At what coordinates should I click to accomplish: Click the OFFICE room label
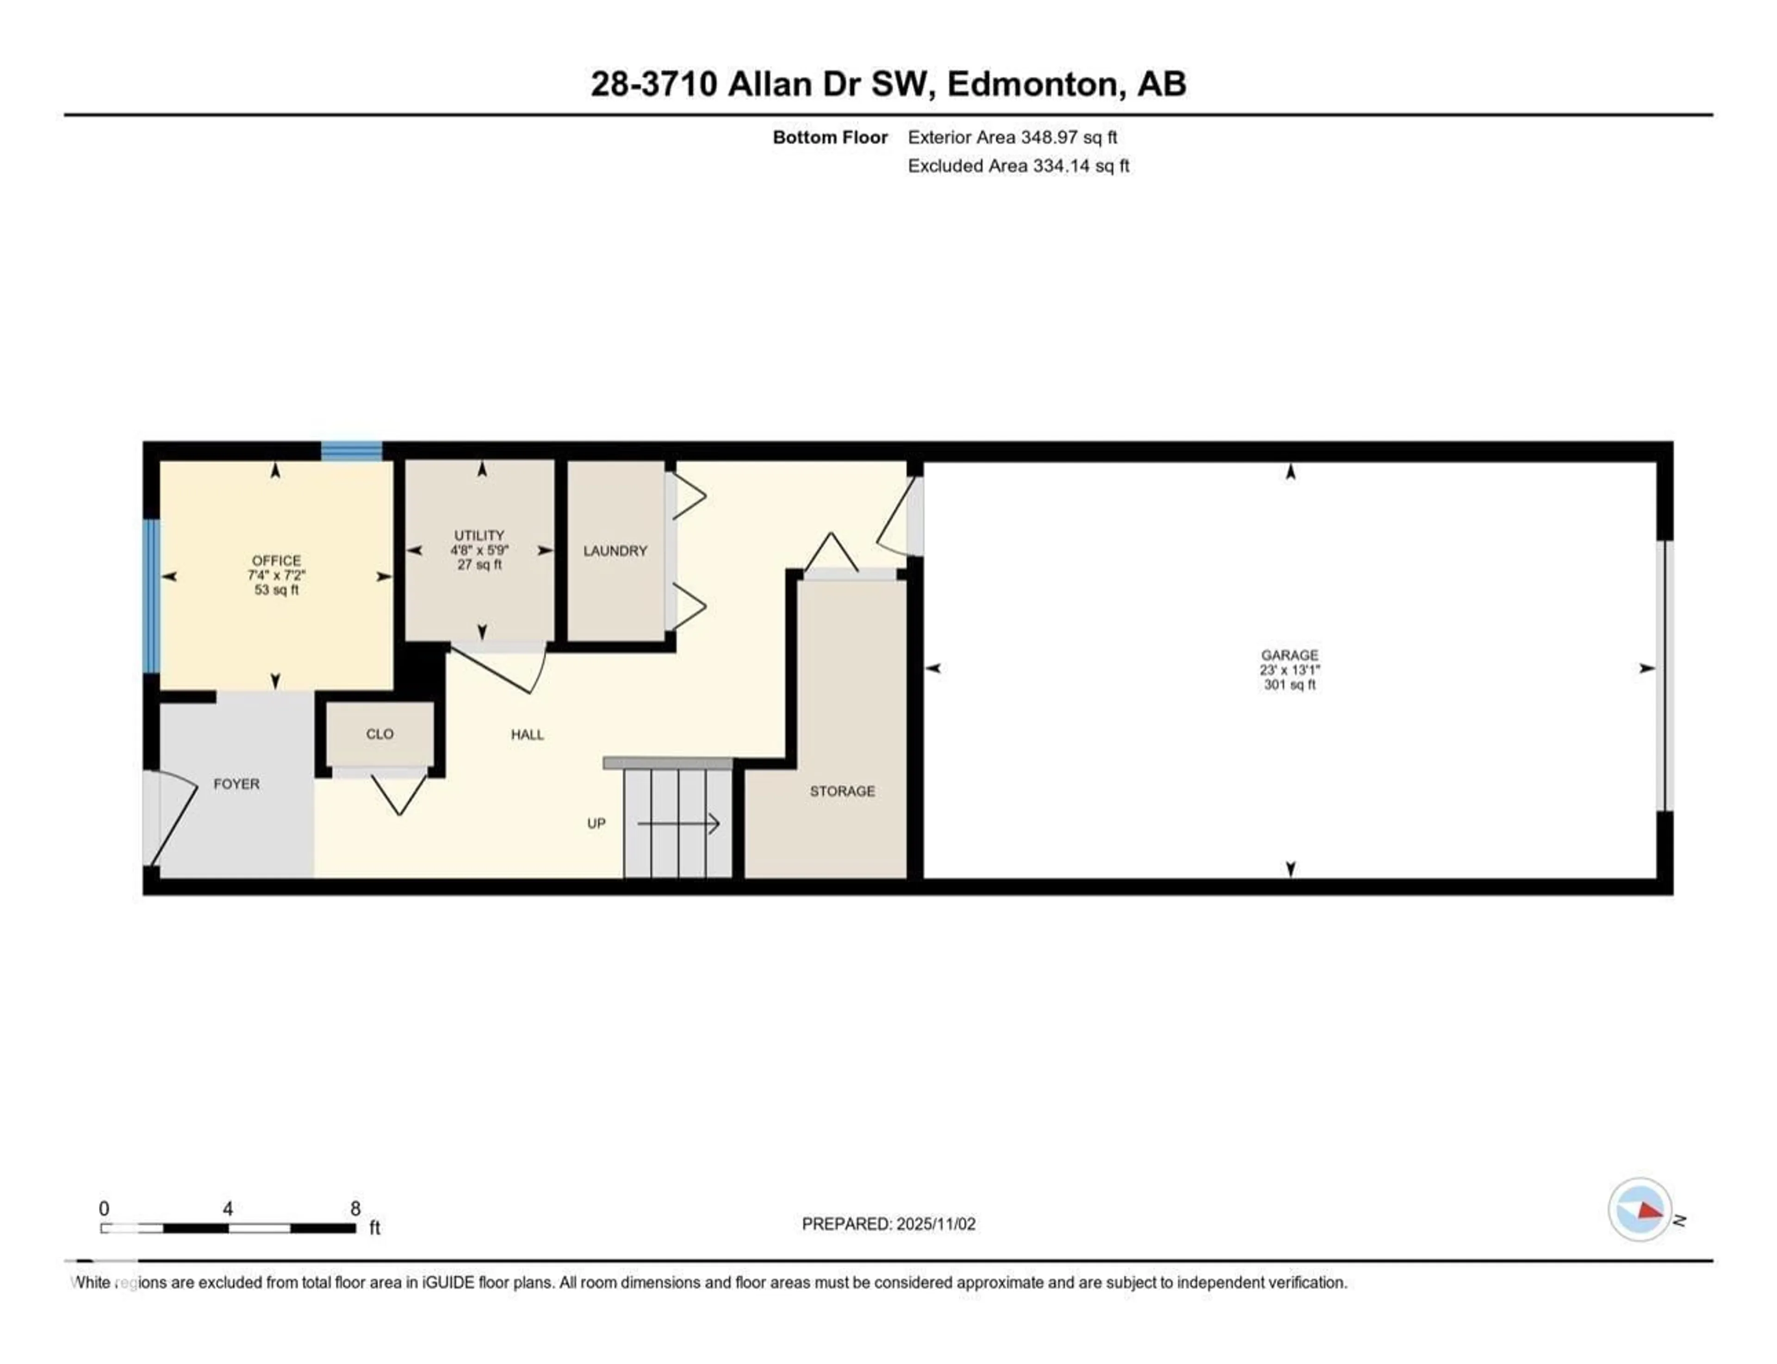pos(276,560)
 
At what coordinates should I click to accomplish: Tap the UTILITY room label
pos(479,535)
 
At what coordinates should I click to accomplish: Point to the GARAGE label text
pos(1289,654)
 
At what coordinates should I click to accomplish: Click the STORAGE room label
pos(842,791)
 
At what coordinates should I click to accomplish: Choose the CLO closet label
pos(379,734)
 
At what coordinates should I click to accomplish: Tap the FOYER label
pos(236,784)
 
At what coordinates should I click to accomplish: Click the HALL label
pos(527,735)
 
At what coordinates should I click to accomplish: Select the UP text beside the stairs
pos(596,823)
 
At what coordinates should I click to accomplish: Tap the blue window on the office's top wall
pos(352,451)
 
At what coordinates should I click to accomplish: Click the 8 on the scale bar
pos(355,1208)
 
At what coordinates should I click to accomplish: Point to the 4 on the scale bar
pos(228,1208)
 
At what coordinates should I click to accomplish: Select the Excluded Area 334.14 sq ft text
pos(1018,166)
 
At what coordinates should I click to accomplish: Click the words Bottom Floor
pos(830,137)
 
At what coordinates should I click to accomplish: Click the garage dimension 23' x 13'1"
pos(1289,670)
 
